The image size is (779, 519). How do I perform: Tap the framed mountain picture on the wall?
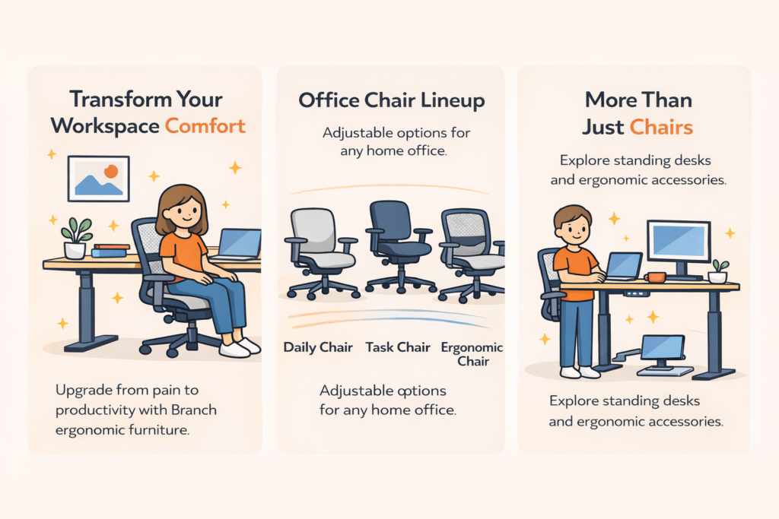98,178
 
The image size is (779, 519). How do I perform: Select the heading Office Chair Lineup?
391,100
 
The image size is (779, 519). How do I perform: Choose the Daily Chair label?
318,347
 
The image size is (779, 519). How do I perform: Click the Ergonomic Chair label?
472,353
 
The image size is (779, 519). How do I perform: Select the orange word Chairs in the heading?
660,126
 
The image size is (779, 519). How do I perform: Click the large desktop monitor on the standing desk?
677,242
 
